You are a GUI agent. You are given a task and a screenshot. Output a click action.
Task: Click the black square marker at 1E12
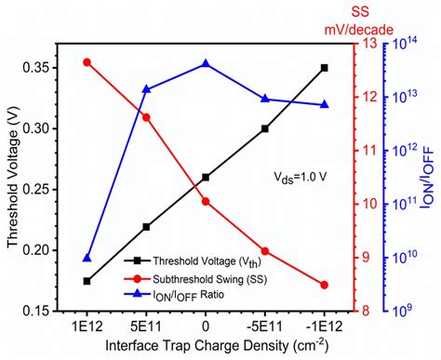[87, 280]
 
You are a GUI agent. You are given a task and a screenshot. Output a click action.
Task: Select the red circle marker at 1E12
[87, 62]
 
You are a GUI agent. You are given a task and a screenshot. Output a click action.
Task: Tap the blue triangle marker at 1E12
[87, 258]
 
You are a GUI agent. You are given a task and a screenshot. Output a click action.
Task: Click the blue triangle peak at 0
[206, 63]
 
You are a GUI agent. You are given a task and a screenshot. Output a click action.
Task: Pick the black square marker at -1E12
[324, 68]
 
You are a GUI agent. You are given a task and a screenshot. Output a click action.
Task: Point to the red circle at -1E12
[324, 285]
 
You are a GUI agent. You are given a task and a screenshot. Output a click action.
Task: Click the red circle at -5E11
[265, 250]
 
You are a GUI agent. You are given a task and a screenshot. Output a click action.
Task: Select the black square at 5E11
[146, 226]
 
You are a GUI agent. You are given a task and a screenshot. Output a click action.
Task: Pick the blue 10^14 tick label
[409, 44]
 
